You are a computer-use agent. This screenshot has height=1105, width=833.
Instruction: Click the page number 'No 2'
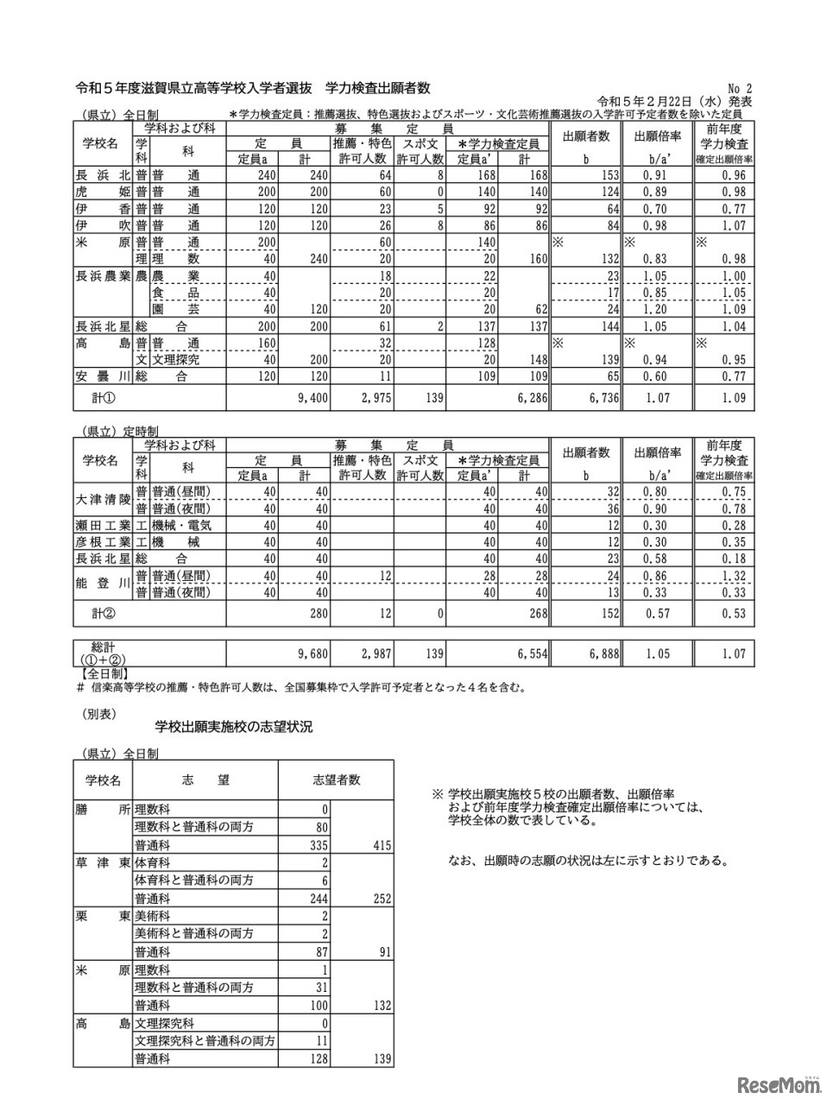coord(741,88)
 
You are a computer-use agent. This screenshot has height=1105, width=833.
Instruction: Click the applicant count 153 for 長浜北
coord(604,175)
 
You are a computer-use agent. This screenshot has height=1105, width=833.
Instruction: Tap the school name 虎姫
coord(101,192)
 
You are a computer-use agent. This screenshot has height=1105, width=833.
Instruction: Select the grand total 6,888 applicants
coord(603,654)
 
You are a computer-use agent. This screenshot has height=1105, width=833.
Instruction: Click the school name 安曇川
coord(101,377)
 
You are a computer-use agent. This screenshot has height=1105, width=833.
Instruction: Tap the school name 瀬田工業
coord(103,525)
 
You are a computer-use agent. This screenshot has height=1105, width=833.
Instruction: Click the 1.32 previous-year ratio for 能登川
coord(733,576)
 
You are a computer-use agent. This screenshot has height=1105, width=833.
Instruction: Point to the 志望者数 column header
coord(336,780)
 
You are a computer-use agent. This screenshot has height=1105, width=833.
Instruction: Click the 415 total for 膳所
coord(379,845)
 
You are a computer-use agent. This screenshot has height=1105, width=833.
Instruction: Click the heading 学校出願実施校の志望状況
coord(233,728)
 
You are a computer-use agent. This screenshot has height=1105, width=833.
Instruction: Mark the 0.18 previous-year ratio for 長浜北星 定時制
coord(733,559)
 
